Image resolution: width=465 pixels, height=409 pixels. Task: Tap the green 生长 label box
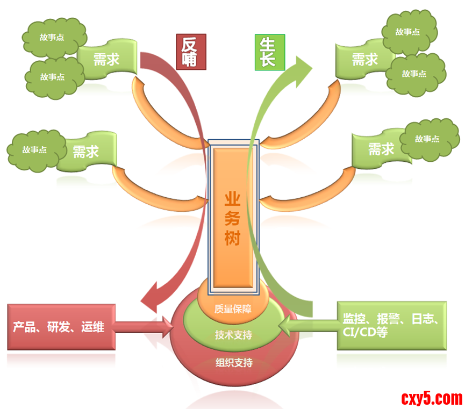pos(269,52)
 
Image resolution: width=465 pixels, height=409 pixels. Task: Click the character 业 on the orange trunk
pos(233,199)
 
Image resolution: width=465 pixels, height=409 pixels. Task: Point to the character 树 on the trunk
pos(233,239)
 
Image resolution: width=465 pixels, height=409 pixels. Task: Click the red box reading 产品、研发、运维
pos(61,327)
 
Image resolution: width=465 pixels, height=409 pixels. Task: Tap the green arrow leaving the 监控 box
pos(306,325)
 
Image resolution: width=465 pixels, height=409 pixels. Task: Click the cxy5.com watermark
pos(431,398)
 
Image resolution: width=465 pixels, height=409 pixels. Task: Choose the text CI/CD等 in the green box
pos(366,333)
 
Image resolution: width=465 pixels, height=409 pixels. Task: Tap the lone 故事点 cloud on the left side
pos(34,150)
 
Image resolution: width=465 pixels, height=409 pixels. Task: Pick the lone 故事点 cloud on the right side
pos(427,139)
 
